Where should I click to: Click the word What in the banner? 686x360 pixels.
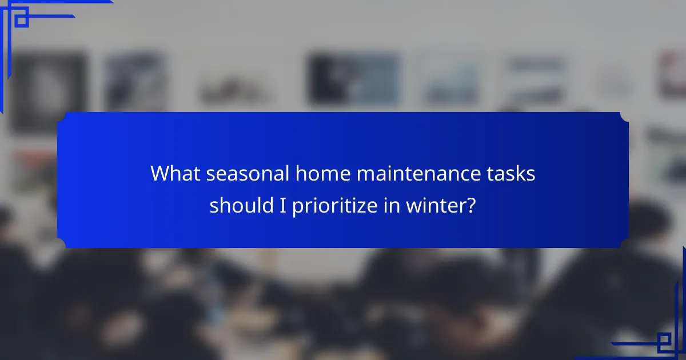(176, 174)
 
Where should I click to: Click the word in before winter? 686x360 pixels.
(392, 206)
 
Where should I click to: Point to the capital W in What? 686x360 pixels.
(161, 174)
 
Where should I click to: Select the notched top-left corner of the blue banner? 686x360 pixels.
(62, 117)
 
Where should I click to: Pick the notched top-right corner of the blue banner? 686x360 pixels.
(624, 117)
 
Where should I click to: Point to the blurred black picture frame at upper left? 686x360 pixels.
(49, 91)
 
